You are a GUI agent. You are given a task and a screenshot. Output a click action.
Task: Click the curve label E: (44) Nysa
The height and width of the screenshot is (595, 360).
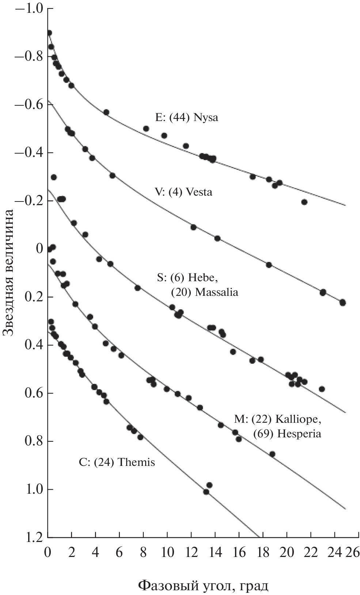186,118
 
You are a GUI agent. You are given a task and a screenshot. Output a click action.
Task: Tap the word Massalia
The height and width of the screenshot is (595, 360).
217,292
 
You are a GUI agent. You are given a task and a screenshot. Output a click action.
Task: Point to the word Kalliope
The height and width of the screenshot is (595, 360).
298,419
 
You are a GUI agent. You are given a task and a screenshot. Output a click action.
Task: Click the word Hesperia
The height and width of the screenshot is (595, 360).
299,434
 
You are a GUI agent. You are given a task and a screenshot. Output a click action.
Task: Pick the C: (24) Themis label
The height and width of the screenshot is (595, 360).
117,463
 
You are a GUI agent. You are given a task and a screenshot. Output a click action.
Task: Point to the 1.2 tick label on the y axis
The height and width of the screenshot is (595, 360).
34,537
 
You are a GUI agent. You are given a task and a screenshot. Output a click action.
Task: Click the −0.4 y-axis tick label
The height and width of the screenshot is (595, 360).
29,153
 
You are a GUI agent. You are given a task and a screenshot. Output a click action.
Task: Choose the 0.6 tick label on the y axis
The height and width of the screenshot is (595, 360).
34,393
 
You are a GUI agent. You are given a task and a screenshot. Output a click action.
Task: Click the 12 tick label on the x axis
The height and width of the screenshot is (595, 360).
191,551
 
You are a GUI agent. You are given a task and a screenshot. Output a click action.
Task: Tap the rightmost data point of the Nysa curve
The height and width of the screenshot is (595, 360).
304,202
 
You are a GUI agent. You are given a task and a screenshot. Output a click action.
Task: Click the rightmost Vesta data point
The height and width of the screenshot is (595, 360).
342,302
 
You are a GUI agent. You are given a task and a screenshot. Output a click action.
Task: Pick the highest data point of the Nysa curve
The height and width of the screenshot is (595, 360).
49,33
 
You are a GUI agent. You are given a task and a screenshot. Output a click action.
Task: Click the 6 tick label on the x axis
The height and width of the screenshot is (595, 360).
119,551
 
